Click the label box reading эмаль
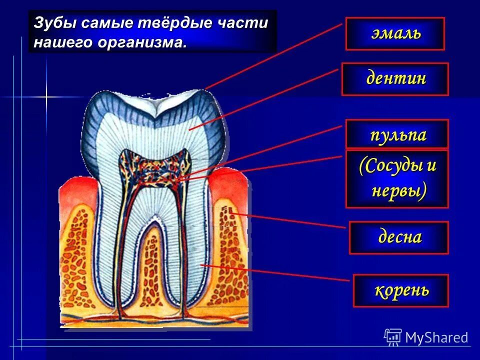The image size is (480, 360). (x=394, y=33)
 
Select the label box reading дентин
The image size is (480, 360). (x=395, y=79)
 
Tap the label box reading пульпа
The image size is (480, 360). (x=397, y=134)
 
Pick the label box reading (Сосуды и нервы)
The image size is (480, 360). (x=397, y=178)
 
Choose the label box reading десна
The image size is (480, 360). (x=398, y=237)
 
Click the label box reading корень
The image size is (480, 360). (x=400, y=290)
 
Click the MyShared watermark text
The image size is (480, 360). (x=436, y=337)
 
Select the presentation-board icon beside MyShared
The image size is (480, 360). (x=393, y=337)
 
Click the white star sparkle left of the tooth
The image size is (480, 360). (x=46, y=97)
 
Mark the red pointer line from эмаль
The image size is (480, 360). (x=275, y=55)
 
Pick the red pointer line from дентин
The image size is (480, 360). (x=265, y=99)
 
